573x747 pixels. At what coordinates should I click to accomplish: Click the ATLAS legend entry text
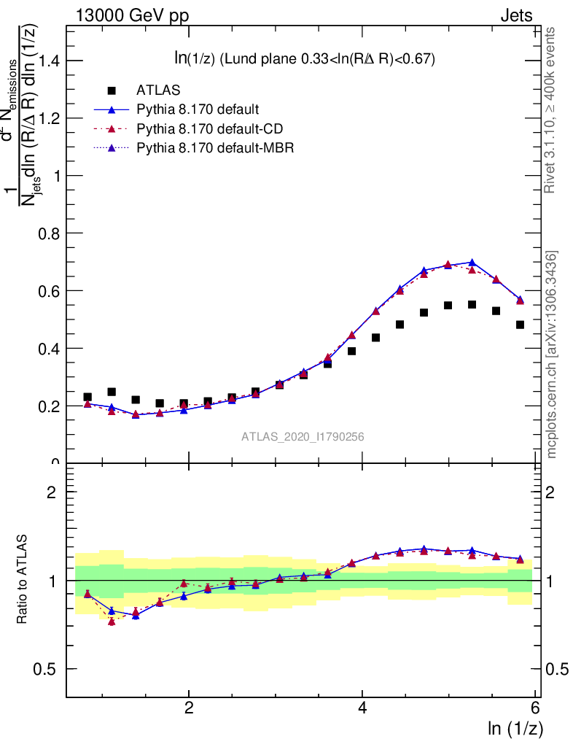pyautogui.click(x=159, y=90)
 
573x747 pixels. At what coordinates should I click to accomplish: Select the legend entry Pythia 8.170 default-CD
pyautogui.click(x=210, y=129)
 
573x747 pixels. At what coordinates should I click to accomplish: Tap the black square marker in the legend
pyautogui.click(x=112, y=90)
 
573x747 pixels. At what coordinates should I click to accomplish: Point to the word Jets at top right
pyautogui.click(x=515, y=16)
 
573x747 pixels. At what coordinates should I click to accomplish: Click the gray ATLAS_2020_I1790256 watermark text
pyautogui.click(x=303, y=437)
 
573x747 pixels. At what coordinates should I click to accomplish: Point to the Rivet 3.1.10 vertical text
pyautogui.click(x=552, y=109)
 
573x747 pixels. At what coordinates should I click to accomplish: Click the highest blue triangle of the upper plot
pyautogui.click(x=472, y=262)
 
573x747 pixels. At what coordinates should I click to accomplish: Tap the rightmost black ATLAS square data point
pyautogui.click(x=520, y=325)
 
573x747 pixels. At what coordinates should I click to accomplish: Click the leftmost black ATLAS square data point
pyautogui.click(x=87, y=397)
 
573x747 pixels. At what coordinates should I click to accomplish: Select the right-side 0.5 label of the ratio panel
pyautogui.click(x=557, y=669)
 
